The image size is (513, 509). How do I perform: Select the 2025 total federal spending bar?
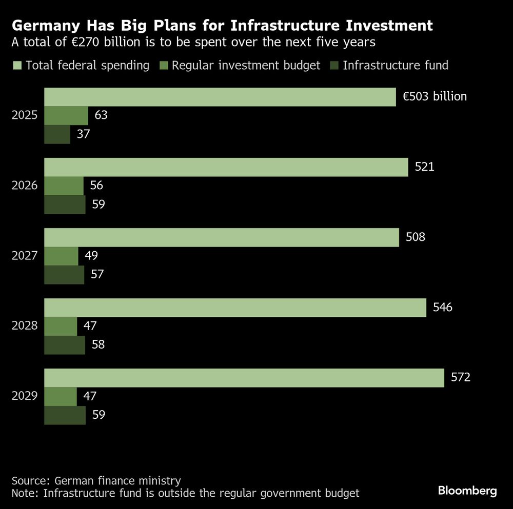220,97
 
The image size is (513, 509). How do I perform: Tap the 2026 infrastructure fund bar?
65,205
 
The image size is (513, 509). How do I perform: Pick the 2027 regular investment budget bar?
61,256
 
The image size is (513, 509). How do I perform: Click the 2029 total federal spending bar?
244,378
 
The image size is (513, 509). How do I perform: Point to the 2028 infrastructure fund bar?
65,345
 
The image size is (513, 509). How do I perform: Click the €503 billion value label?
435,96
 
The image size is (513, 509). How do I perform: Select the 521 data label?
424,167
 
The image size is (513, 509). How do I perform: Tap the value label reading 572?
460,378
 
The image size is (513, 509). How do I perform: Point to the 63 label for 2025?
101,115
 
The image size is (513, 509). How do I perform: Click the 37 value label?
83,134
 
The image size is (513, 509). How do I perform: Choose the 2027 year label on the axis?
25,255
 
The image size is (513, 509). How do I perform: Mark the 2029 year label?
25,396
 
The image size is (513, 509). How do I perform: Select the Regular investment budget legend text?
246,65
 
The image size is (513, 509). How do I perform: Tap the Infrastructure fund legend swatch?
334,65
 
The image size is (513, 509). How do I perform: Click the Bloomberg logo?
467,491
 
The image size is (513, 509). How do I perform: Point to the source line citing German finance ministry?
96,481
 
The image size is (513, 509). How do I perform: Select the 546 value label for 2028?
442,308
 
